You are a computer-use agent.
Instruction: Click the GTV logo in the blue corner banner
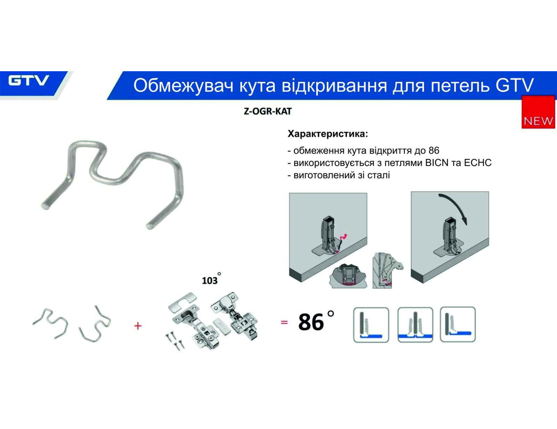point(28,81)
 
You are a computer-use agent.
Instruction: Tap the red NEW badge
point(538,112)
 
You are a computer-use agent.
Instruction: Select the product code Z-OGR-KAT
point(268,112)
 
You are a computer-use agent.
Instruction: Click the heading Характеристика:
point(328,134)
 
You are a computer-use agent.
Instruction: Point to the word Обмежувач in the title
point(183,85)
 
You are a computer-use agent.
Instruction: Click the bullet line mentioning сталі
point(338,175)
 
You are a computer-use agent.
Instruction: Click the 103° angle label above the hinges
point(211,279)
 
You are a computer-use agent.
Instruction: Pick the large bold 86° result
point(316,321)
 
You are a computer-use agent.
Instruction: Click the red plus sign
point(138,326)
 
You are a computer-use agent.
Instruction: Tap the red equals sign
point(284,322)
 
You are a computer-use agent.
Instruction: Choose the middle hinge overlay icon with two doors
point(415,325)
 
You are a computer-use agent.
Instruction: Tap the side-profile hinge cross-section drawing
point(388,270)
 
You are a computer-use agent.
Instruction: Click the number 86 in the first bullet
point(434,150)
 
